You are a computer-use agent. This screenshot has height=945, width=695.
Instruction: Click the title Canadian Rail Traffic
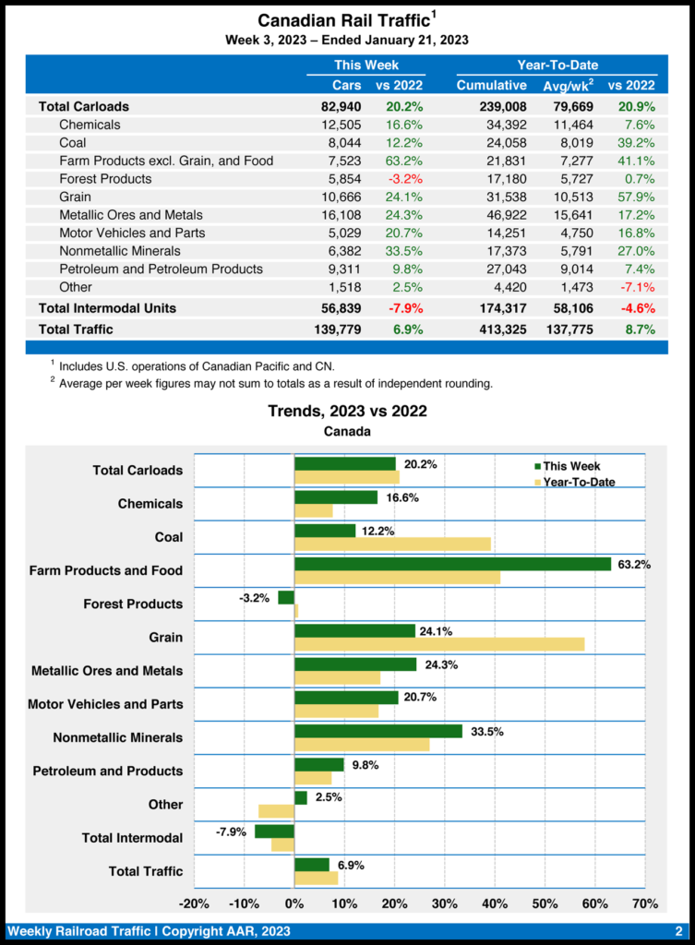343,20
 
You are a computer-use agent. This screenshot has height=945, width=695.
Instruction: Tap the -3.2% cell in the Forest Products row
405,178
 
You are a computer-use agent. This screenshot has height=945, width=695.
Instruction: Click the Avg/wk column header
567,86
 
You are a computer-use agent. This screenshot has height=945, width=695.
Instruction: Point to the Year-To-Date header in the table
557,65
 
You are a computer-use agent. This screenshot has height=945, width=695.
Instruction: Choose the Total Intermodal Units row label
106,307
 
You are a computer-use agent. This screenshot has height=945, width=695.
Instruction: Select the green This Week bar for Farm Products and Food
452,564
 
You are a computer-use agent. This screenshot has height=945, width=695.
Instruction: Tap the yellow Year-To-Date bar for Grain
439,644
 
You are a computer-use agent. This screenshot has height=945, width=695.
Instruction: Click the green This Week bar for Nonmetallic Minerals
378,731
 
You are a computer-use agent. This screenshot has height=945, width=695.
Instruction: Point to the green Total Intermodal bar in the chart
274,831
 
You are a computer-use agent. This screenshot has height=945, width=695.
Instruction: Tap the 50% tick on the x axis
545,903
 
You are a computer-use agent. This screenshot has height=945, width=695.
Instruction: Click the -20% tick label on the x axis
194,903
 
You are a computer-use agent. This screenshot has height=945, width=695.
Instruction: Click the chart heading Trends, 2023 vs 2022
347,412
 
